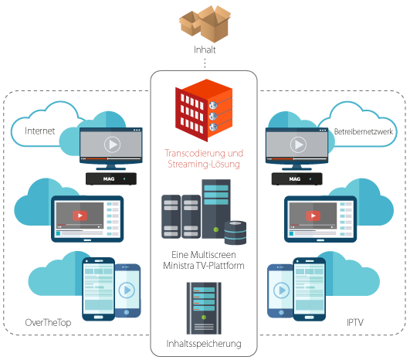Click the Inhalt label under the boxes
205,49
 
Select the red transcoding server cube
204,110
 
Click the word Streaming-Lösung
204,165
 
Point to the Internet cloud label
39,131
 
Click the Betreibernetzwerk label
364,131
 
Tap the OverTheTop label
48,323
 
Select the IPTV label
355,322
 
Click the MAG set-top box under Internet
111,178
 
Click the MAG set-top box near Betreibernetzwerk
297,179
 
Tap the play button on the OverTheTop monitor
112,144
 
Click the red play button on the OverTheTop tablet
80,216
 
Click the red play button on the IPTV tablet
313,216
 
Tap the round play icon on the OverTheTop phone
127,290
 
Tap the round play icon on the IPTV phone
281,290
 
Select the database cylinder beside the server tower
235,233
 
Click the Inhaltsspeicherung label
204,344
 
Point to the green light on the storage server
204,318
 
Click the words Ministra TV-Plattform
204,266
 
